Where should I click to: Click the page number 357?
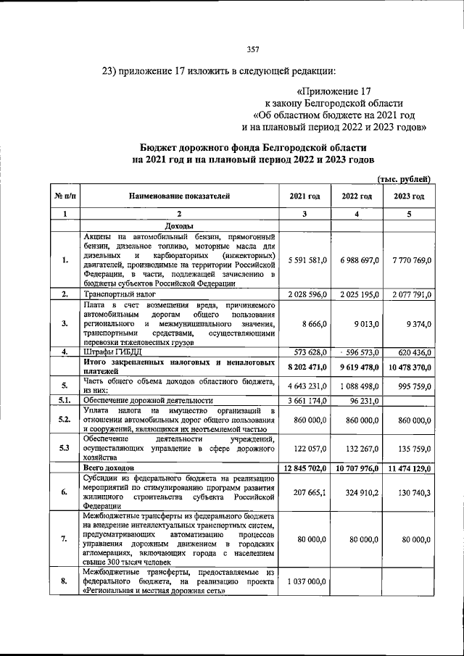click(253, 49)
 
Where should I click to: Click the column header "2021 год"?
click(304, 196)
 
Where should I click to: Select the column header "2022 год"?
click(357, 196)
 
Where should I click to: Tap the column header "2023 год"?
click(409, 196)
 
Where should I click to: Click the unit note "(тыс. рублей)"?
click(405, 178)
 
